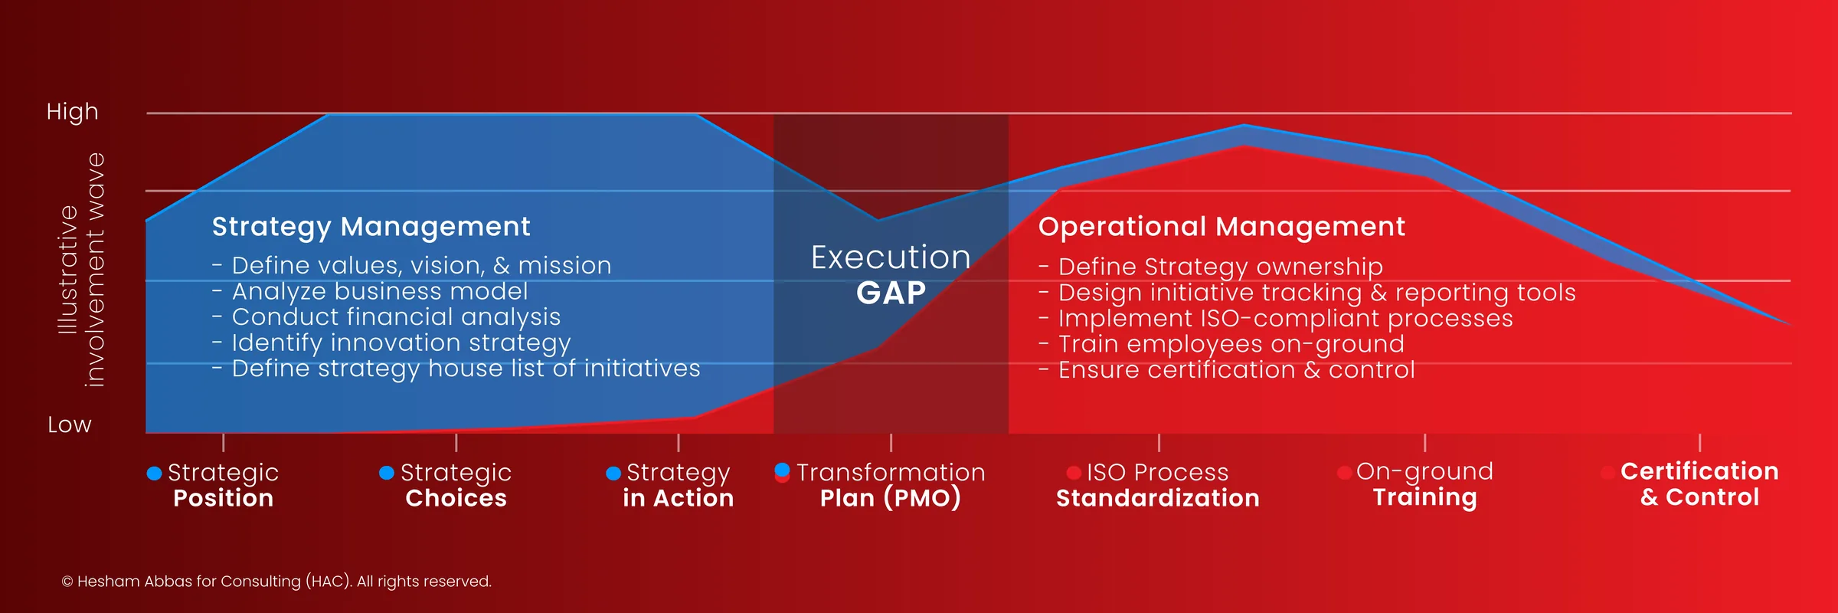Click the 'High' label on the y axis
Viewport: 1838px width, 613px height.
[72, 112]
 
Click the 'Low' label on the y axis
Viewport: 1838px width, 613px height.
[69, 425]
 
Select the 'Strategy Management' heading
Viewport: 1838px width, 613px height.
[371, 227]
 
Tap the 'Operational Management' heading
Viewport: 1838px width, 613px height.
[1221, 227]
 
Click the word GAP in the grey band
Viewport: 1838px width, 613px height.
[891, 293]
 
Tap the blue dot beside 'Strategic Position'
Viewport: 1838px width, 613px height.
[154, 474]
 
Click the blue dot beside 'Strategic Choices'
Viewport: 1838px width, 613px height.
[387, 473]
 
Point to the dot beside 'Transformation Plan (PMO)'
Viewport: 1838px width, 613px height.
[782, 472]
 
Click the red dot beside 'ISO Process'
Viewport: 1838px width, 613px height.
[1074, 473]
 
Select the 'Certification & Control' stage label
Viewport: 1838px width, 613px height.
[1699, 484]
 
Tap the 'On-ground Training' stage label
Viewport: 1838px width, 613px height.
[1424, 484]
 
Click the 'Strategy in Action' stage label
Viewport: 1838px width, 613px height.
[678, 485]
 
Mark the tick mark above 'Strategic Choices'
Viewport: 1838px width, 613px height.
[456, 442]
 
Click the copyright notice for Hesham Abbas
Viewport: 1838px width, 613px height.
[276, 582]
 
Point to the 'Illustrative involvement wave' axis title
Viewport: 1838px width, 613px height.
[81, 270]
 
